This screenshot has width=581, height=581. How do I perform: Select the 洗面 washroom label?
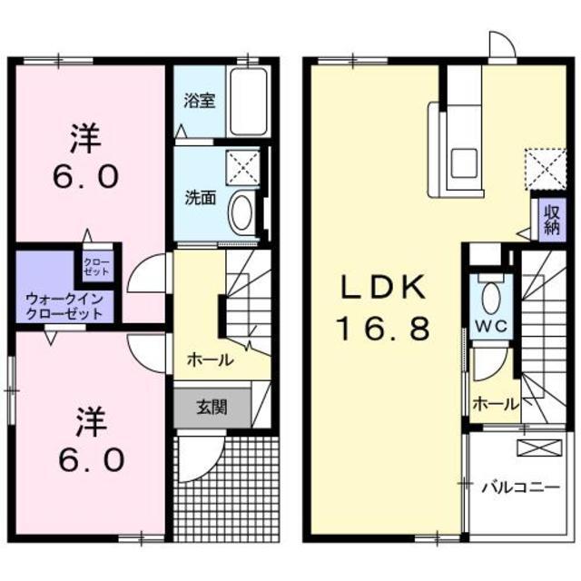click(202, 196)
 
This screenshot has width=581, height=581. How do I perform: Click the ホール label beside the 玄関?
click(210, 360)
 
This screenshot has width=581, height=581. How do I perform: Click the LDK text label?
click(384, 289)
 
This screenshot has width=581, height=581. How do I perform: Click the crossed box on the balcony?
click(533, 448)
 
